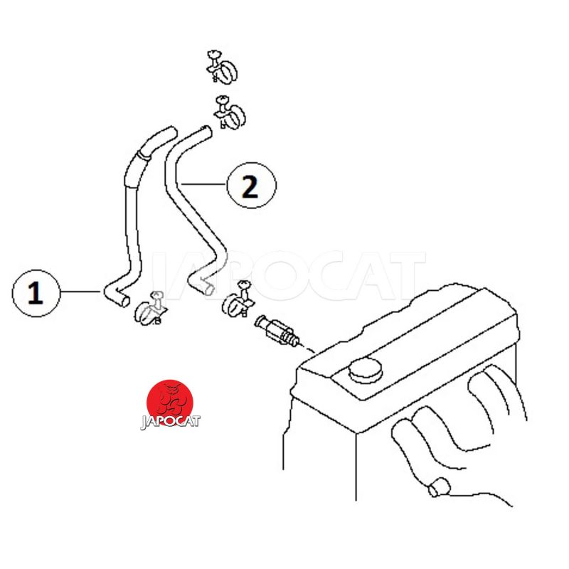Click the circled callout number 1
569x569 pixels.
click(36, 293)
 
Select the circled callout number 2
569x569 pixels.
click(251, 186)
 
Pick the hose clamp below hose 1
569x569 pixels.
click(149, 309)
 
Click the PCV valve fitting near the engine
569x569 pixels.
click(277, 331)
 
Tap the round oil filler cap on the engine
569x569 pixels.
click(366, 369)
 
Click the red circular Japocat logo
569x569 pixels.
click(170, 402)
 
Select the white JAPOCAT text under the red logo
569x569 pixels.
click(170, 422)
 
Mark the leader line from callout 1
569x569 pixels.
click(80, 292)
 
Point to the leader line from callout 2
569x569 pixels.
click(204, 184)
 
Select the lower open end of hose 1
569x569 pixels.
click(125, 301)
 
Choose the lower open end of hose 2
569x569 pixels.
click(209, 289)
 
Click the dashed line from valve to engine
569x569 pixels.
click(307, 349)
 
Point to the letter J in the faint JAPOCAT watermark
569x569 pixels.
click(164, 276)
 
